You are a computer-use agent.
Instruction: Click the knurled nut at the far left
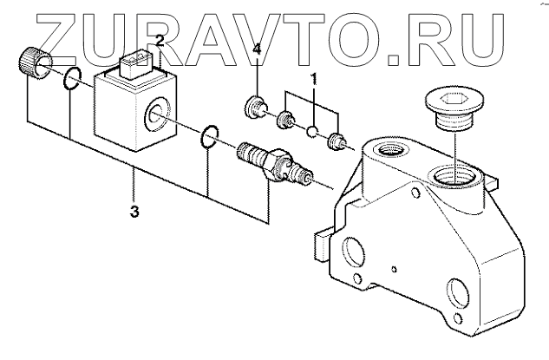tap(32, 63)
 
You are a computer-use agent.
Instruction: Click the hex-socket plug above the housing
tap(447, 108)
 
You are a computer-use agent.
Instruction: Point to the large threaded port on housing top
tap(451, 178)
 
